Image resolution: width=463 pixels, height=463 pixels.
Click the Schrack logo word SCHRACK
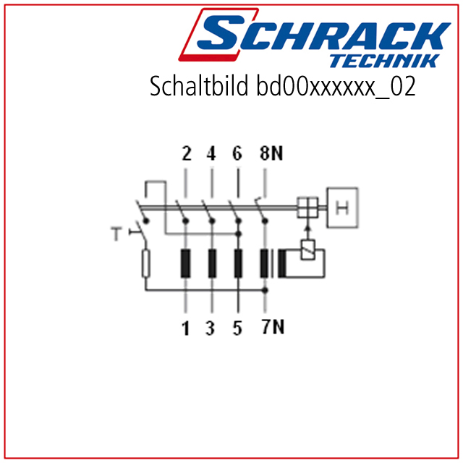[x=323, y=33]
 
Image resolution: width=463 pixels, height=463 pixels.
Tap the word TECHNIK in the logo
[x=385, y=61]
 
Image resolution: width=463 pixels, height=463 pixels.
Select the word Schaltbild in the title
[x=199, y=85]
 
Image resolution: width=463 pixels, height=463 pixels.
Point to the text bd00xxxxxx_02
[x=336, y=86]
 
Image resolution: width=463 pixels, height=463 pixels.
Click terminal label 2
[x=187, y=153]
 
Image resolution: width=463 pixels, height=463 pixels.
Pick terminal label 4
[x=211, y=153]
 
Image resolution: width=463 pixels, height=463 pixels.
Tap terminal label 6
[x=237, y=153]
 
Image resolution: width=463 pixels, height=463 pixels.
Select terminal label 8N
[x=271, y=153]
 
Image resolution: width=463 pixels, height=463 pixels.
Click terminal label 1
[x=185, y=328]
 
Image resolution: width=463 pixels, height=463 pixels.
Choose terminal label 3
[x=211, y=328]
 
